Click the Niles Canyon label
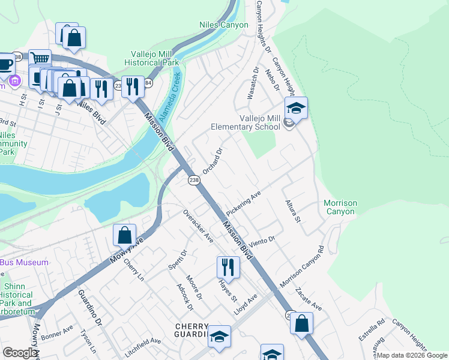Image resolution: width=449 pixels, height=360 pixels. (223, 25)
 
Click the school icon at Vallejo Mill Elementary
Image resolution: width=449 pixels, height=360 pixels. (296, 109)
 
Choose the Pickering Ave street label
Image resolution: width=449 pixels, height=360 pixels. (244, 205)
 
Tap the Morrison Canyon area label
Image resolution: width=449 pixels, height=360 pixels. (340, 207)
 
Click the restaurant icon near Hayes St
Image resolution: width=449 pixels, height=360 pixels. (228, 267)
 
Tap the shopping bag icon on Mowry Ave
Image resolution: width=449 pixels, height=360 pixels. (124, 235)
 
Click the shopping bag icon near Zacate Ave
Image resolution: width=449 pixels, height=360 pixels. (301, 323)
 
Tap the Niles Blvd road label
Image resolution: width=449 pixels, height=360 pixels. (91, 112)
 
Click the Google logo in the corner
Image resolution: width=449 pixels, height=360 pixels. (20, 353)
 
